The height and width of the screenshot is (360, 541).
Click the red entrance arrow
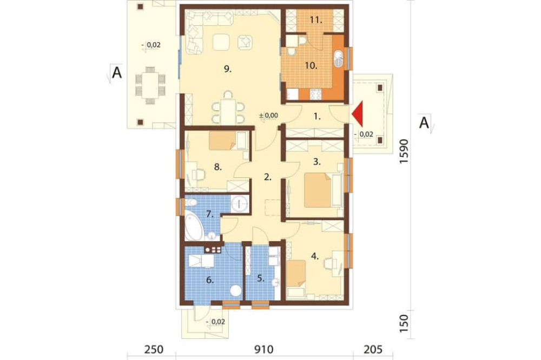(x=359, y=114)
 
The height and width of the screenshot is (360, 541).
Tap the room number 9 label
(x=228, y=69)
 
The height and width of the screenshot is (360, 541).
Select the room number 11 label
(x=316, y=20)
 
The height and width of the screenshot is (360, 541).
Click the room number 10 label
(x=311, y=65)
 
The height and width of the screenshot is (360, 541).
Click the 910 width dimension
(x=265, y=349)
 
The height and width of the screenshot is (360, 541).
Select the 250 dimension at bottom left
(x=154, y=349)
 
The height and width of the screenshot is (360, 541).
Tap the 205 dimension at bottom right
(x=373, y=349)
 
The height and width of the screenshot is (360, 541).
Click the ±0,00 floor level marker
(x=268, y=116)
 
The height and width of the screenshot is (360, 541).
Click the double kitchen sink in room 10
(x=339, y=58)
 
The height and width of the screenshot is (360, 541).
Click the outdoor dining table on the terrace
(x=150, y=85)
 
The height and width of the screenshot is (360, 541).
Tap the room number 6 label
(x=210, y=279)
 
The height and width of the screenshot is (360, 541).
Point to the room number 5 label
(x=261, y=278)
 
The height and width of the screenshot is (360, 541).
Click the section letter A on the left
(x=117, y=73)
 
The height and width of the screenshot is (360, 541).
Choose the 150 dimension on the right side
(x=404, y=323)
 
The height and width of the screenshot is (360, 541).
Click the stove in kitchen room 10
(x=316, y=94)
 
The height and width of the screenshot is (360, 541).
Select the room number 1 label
(x=317, y=117)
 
